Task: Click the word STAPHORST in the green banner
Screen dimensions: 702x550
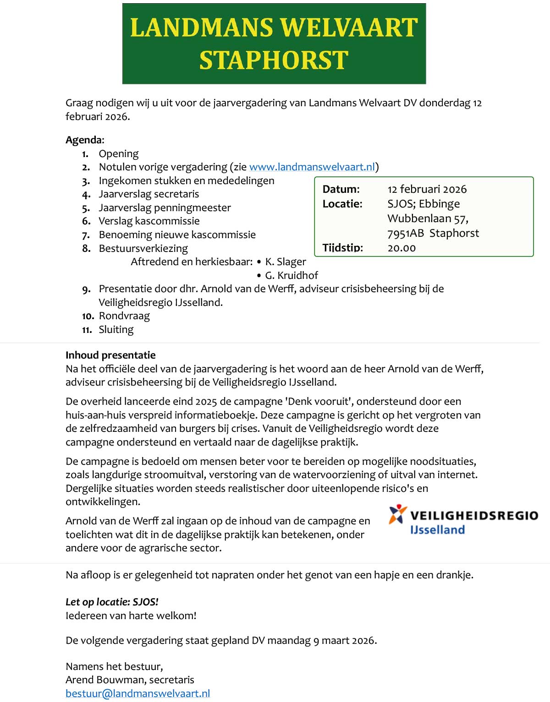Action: [x=274, y=60]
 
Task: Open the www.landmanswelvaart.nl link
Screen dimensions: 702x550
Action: [x=312, y=167]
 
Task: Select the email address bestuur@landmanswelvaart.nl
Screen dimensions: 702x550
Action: [x=137, y=693]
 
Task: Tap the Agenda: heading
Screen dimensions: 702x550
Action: [x=85, y=140]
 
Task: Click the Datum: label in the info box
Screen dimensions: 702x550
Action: [x=341, y=189]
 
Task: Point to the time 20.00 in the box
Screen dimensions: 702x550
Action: [x=401, y=248]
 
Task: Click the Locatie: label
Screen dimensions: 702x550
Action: [x=342, y=204]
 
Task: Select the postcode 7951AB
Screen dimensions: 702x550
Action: [x=406, y=233]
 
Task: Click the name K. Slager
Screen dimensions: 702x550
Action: [x=285, y=262]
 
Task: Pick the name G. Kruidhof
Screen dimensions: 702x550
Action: [x=291, y=275]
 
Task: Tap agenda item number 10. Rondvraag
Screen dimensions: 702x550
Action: [x=124, y=316]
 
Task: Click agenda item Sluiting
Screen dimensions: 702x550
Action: [x=116, y=330]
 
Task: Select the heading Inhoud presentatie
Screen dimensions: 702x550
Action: [x=110, y=355]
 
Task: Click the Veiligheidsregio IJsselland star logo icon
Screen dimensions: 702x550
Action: [x=397, y=514]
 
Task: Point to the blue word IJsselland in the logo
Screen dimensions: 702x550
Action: [x=437, y=530]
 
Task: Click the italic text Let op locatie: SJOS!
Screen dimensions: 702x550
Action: [x=112, y=602]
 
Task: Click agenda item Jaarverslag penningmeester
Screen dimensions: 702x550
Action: [x=165, y=208]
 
